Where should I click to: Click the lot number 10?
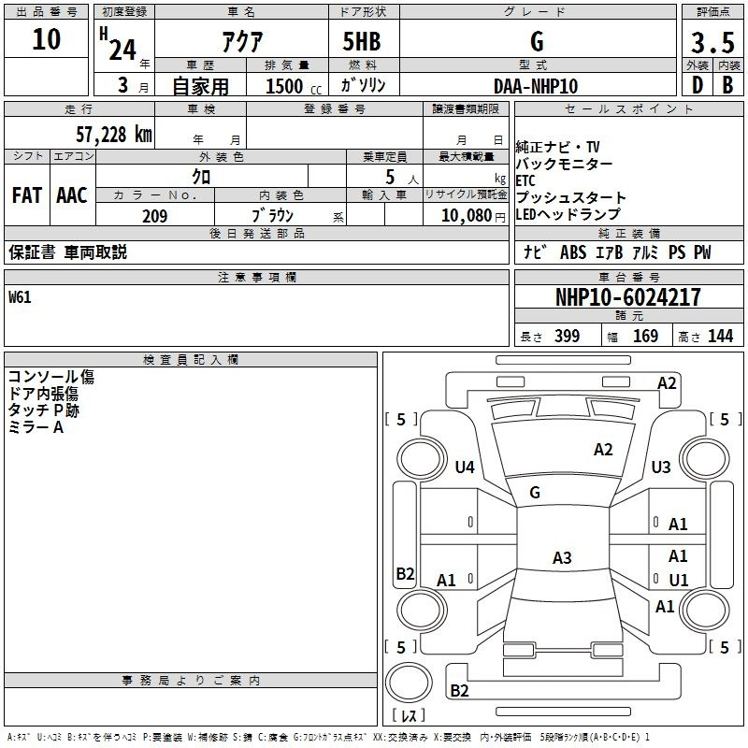46,39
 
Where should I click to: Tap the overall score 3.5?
711,43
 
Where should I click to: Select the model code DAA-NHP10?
536,86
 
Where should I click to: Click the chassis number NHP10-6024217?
628,297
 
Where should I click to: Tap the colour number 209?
154,216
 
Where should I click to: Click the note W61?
21,298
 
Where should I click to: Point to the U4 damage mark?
465,467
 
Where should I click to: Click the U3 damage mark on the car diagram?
661,467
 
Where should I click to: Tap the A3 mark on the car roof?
561,558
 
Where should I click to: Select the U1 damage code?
678,581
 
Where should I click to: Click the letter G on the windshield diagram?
535,492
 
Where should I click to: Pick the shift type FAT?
26,195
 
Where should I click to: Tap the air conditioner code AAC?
71,195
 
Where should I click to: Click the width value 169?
645,336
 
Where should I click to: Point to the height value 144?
720,336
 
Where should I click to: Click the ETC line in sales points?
526,181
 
